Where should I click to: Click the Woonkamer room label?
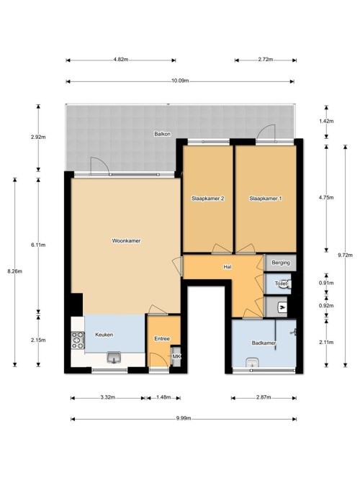click(x=126, y=240)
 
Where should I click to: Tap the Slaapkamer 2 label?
click(x=208, y=199)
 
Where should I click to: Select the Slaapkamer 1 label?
click(x=266, y=199)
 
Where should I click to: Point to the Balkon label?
click(x=163, y=134)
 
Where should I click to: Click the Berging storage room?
click(x=281, y=263)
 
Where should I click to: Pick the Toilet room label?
click(x=281, y=284)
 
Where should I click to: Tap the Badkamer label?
click(x=264, y=343)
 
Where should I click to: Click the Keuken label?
click(x=104, y=335)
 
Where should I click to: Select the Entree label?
click(x=162, y=338)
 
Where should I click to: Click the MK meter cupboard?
click(x=176, y=356)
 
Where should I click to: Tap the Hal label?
click(x=228, y=267)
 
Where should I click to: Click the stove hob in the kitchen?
click(x=78, y=340)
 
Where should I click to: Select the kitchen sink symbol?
click(x=114, y=357)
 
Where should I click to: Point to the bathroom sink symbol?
click(x=253, y=362)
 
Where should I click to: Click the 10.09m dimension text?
click(x=180, y=81)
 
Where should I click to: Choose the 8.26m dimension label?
click(x=14, y=271)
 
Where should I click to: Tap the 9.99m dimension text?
click(x=184, y=418)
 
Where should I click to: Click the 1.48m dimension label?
click(x=163, y=397)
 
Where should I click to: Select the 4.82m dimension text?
click(x=121, y=60)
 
